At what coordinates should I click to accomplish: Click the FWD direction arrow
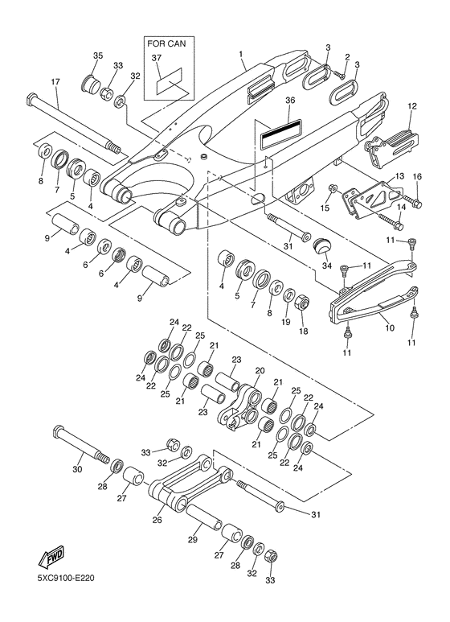[51, 557]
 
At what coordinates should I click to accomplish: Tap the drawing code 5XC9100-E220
[66, 578]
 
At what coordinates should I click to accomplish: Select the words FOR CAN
[166, 43]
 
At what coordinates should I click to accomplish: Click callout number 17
[55, 82]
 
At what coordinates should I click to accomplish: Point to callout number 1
[240, 53]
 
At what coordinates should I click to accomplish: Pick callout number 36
[290, 101]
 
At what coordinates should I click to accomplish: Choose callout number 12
[412, 106]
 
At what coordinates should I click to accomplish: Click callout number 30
[77, 469]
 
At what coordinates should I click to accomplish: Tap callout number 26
[157, 519]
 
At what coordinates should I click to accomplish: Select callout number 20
[260, 370]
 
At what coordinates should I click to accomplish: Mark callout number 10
[390, 327]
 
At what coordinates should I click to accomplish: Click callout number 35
[98, 56]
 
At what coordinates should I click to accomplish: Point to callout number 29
[193, 539]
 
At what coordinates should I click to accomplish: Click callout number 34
[326, 266]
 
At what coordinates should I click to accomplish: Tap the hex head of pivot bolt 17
[31, 99]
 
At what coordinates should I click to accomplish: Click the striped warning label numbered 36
[281, 134]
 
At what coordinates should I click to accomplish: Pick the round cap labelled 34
[321, 246]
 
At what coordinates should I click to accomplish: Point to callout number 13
[399, 175]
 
